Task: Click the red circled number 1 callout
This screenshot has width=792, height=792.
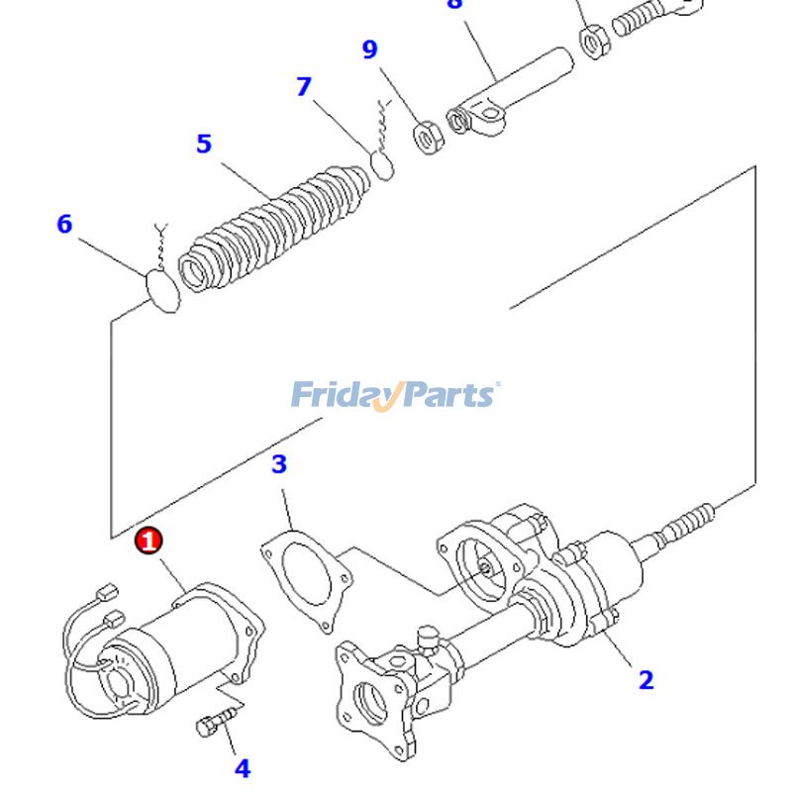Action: [x=148, y=542]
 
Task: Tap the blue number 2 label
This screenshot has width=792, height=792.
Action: [x=645, y=680]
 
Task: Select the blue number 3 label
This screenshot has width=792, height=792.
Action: [x=279, y=463]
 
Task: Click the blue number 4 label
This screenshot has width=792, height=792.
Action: [x=242, y=767]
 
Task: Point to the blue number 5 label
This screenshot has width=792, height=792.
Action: [x=203, y=145]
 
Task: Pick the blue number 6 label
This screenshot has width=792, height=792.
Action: [x=64, y=225]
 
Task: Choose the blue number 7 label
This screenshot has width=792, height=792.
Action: [x=303, y=87]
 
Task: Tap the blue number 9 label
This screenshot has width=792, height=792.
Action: [x=369, y=49]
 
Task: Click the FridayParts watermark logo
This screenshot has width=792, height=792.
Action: [x=395, y=394]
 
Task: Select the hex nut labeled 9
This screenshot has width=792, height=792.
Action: [x=427, y=138]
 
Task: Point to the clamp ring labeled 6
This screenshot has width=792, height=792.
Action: [x=161, y=289]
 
